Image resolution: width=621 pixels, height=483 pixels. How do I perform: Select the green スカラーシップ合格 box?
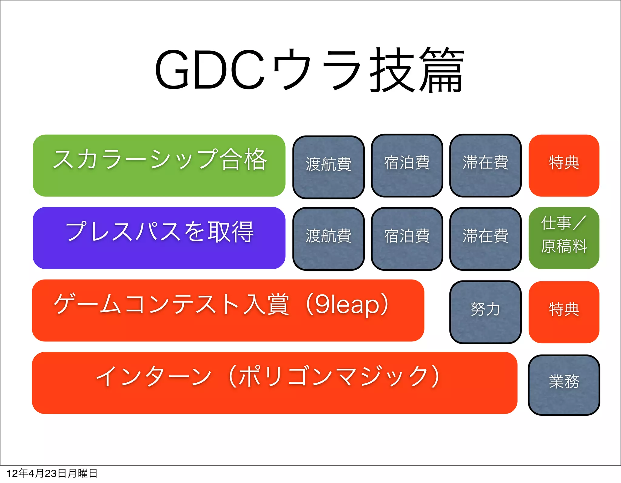[x=159, y=166]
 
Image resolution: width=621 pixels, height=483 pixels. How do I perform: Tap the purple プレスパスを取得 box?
[x=159, y=238]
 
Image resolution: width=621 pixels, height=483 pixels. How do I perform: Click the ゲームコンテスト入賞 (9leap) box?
[x=228, y=310]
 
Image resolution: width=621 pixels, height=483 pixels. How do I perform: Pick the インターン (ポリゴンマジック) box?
[x=274, y=383]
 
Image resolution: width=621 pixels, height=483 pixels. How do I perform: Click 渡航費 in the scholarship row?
[x=328, y=167]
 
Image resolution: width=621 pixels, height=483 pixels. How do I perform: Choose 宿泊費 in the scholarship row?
[x=407, y=166]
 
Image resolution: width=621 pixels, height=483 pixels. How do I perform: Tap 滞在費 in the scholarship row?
[x=485, y=166]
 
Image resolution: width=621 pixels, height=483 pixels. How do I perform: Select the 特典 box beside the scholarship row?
[x=564, y=166]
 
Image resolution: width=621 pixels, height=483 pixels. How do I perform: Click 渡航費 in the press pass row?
[x=328, y=239]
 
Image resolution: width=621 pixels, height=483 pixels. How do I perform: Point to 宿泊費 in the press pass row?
[x=407, y=239]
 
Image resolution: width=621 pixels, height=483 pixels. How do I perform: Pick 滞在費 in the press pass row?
[x=485, y=239]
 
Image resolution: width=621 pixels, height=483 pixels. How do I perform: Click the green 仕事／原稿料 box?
[x=564, y=238]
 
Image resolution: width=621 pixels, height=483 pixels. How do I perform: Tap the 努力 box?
[x=485, y=312]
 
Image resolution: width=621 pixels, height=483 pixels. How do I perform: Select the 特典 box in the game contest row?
[x=564, y=312]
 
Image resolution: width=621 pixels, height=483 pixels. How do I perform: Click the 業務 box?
[x=564, y=384]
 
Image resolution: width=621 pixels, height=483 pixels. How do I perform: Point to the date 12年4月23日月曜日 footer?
[x=52, y=473]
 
